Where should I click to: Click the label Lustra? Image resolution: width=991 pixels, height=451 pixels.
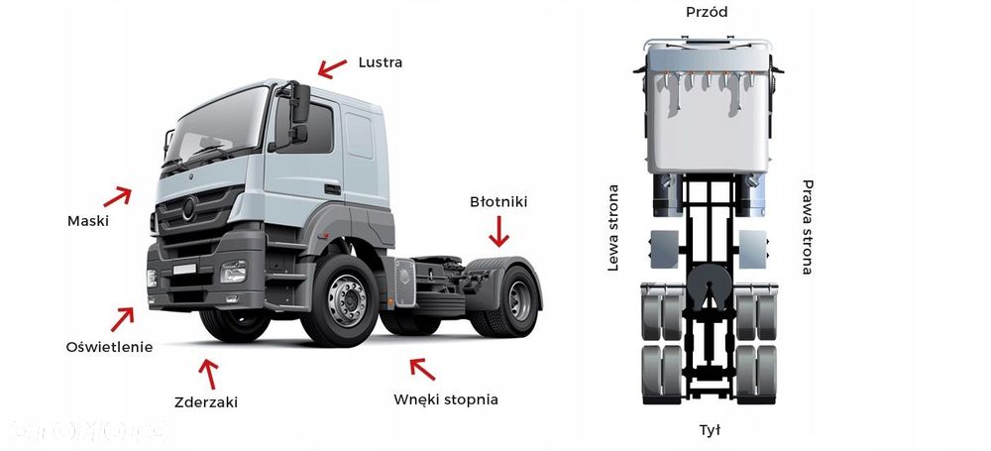tap(381, 62)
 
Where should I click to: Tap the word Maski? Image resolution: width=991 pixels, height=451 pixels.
tap(88, 221)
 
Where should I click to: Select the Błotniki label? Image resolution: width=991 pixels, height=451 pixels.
tap(498, 202)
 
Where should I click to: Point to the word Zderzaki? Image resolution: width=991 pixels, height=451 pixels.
tap(206, 401)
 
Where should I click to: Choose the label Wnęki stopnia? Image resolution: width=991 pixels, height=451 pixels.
tap(445, 400)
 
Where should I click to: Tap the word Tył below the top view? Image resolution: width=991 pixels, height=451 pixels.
tap(710, 430)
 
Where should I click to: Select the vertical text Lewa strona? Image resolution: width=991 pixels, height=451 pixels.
tap(613, 228)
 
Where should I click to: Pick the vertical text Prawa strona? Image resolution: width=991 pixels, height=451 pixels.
tap(807, 228)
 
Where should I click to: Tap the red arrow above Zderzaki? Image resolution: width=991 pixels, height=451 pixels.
tap(208, 373)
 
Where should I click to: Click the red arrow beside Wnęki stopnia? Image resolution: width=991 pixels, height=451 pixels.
tap(422, 370)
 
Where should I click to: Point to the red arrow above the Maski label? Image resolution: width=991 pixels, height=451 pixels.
tap(118, 194)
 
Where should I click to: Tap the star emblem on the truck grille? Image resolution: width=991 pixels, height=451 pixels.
tap(189, 209)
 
